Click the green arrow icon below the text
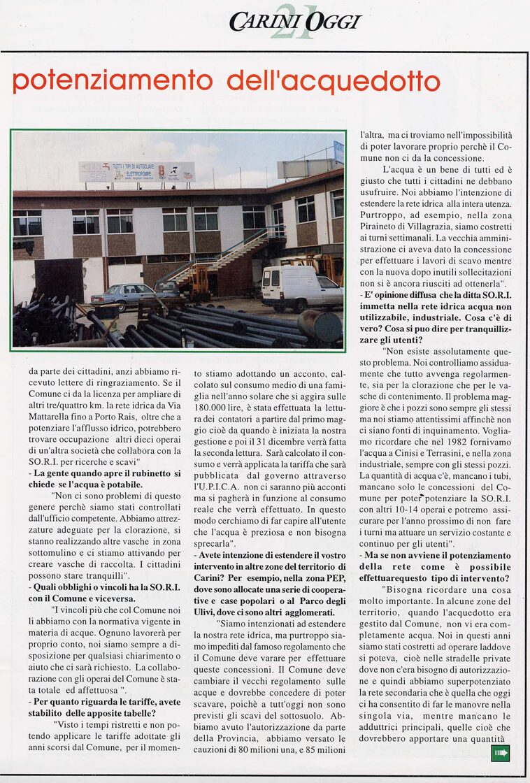(x=500, y=753)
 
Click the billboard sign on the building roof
(x=136, y=172)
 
